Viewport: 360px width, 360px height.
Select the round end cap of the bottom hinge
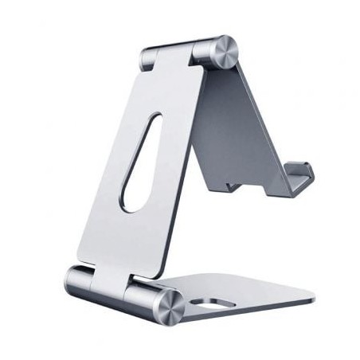tap(170, 304)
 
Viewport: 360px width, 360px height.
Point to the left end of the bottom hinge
tap(71, 282)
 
